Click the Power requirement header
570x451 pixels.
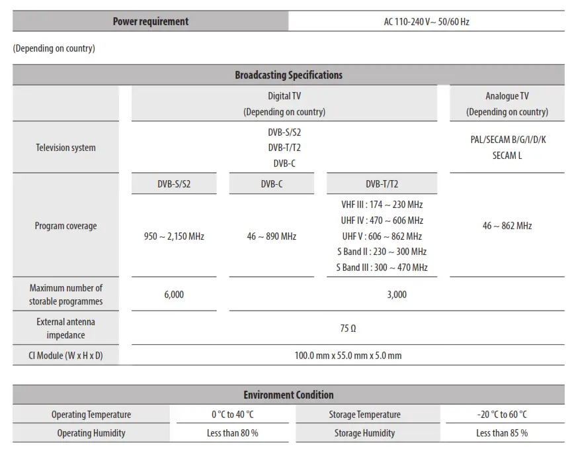150,21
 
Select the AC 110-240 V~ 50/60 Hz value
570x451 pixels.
427,21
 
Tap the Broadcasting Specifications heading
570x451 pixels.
288,75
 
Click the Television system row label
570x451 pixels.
65,148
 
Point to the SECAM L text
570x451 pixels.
507,156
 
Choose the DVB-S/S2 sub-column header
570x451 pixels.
174,184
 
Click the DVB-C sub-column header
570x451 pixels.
271,184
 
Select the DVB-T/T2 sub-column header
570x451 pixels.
382,184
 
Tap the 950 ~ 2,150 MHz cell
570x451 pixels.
174,236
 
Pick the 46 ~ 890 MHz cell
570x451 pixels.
271,236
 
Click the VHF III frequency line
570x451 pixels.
382,205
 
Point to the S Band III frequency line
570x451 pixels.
382,268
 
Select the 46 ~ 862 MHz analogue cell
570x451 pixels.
507,226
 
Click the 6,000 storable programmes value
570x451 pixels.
174,295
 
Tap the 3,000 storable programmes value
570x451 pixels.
397,295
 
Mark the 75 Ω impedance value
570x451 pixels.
348,328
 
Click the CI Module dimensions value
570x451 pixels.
348,356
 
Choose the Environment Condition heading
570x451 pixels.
288,395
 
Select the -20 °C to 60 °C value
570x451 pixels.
502,415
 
